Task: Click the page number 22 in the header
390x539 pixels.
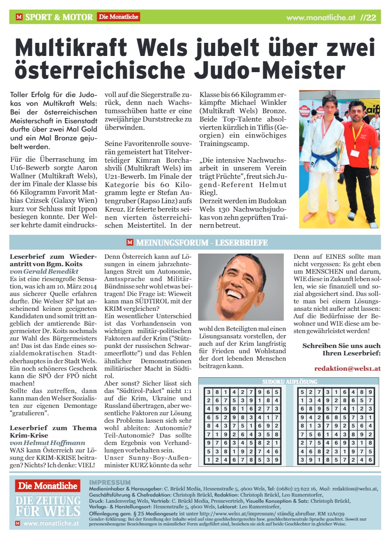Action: [x=371, y=17]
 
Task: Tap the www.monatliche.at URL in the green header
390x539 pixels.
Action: [x=320, y=18]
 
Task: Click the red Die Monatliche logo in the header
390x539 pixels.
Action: [x=118, y=17]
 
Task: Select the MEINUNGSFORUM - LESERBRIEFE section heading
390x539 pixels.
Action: [x=202, y=243]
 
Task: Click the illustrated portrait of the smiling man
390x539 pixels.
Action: [x=241, y=287]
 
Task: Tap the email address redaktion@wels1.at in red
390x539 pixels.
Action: [x=347, y=369]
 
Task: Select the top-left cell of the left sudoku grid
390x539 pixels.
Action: [x=209, y=393]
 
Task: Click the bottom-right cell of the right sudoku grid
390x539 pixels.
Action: [x=371, y=459]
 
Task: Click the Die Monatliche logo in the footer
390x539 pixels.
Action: [x=47, y=485]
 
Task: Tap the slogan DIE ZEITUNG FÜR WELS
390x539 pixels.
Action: [x=47, y=505]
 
